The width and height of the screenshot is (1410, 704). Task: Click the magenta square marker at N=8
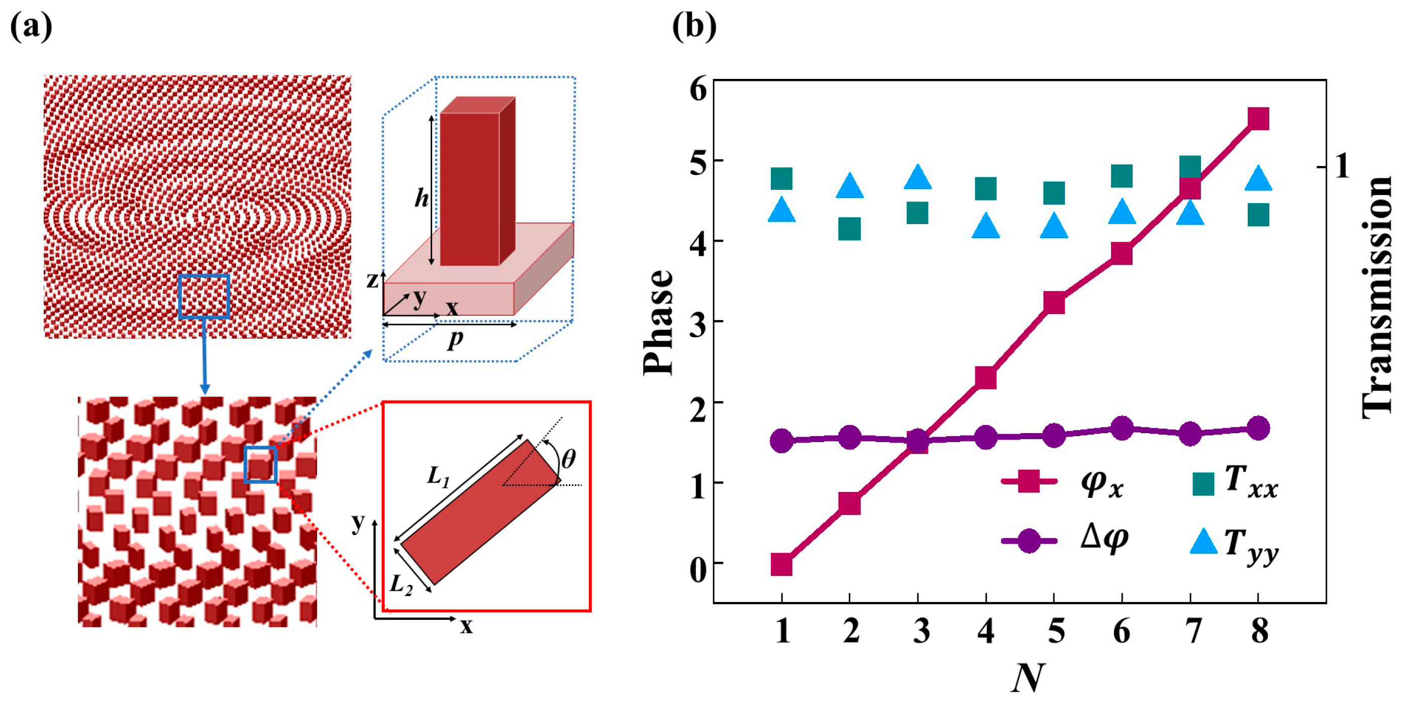pos(1258,119)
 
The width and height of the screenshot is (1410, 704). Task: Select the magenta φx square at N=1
pos(781,564)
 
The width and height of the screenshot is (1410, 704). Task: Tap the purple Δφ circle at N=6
pos(1122,428)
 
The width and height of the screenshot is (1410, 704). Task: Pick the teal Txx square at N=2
pos(850,229)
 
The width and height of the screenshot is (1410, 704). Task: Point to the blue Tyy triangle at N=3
pos(918,177)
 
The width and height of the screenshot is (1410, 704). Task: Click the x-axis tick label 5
pos(1055,632)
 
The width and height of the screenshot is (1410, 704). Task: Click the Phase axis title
pos(658,322)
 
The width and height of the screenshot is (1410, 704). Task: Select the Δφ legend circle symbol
pos(1029,541)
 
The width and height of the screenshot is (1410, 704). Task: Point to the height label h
pos(421,198)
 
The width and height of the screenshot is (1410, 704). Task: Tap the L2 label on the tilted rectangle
pos(401,585)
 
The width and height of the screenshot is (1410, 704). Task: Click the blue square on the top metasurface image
pos(204,296)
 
